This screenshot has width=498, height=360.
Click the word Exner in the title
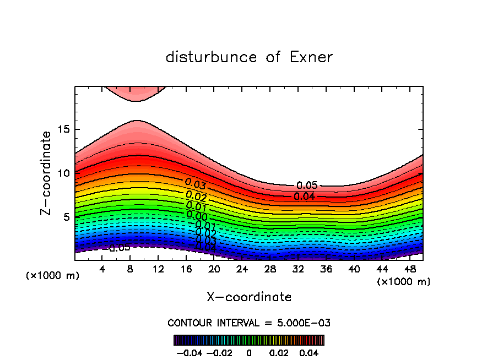[x=311, y=57]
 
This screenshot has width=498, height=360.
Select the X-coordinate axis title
[x=249, y=297]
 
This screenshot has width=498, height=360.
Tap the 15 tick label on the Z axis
[x=63, y=129]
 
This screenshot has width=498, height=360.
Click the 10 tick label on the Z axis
[x=63, y=173]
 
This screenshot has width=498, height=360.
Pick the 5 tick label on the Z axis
[x=66, y=216]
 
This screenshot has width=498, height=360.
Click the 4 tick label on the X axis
[x=102, y=270]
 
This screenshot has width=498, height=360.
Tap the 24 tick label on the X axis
[x=242, y=270]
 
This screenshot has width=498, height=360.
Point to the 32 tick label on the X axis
[x=297, y=270]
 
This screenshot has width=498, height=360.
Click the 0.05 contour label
[x=307, y=186]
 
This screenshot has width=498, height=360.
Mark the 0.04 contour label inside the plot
[x=304, y=196]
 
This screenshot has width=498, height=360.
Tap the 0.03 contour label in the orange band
[x=195, y=184]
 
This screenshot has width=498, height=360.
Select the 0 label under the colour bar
[x=249, y=352]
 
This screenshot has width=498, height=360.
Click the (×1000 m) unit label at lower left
[x=53, y=276]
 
